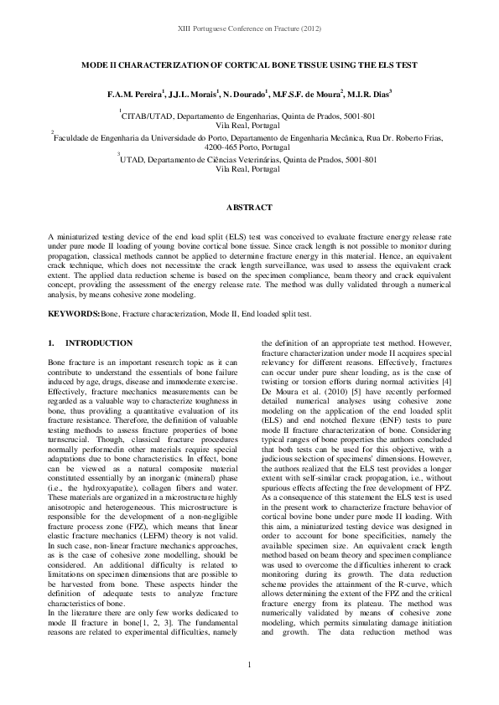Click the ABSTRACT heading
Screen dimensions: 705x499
(249, 207)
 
